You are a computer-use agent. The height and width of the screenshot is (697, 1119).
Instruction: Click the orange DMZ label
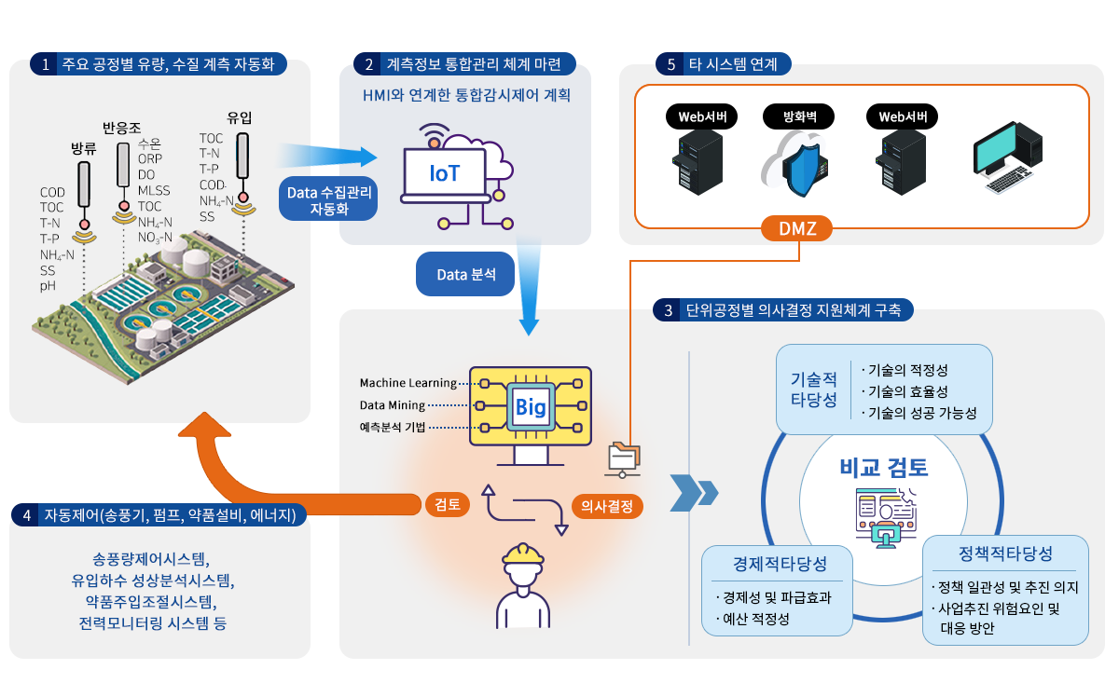[x=797, y=228]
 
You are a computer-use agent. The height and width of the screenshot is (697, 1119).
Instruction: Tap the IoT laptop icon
[x=444, y=174]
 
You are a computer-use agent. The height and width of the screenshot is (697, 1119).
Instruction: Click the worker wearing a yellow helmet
[x=523, y=583]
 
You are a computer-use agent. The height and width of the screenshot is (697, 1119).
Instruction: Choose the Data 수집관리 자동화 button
[x=329, y=198]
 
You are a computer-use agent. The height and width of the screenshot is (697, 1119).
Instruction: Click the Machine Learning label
[x=408, y=383]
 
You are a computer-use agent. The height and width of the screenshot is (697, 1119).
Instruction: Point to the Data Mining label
[x=392, y=405]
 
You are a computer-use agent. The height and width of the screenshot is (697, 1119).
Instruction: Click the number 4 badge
[x=26, y=514]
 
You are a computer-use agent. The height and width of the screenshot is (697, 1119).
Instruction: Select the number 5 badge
[x=670, y=64]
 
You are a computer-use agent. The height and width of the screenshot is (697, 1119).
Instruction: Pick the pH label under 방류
[x=48, y=285]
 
